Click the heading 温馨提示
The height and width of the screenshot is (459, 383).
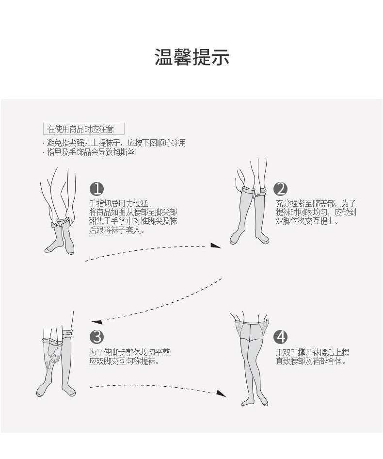click(x=191, y=57)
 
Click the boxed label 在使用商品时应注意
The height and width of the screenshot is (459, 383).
click(x=83, y=129)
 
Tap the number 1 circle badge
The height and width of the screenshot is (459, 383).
click(x=97, y=189)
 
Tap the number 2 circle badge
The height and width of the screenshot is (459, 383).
click(x=280, y=189)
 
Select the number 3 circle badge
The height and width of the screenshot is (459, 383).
click(x=97, y=336)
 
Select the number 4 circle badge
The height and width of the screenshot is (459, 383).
click(x=280, y=336)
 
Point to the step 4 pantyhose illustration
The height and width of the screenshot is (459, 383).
click(x=251, y=359)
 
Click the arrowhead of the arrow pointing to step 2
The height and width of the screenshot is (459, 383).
click(x=216, y=246)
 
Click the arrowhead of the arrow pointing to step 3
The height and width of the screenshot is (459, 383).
click(x=96, y=321)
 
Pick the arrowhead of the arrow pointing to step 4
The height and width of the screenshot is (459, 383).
click(x=221, y=393)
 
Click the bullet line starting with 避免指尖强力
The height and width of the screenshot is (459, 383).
click(x=115, y=143)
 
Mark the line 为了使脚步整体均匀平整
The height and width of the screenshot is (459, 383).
click(x=129, y=353)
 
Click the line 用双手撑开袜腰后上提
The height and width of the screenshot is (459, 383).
click(x=312, y=353)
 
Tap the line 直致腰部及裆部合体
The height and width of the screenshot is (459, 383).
click(x=311, y=361)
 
